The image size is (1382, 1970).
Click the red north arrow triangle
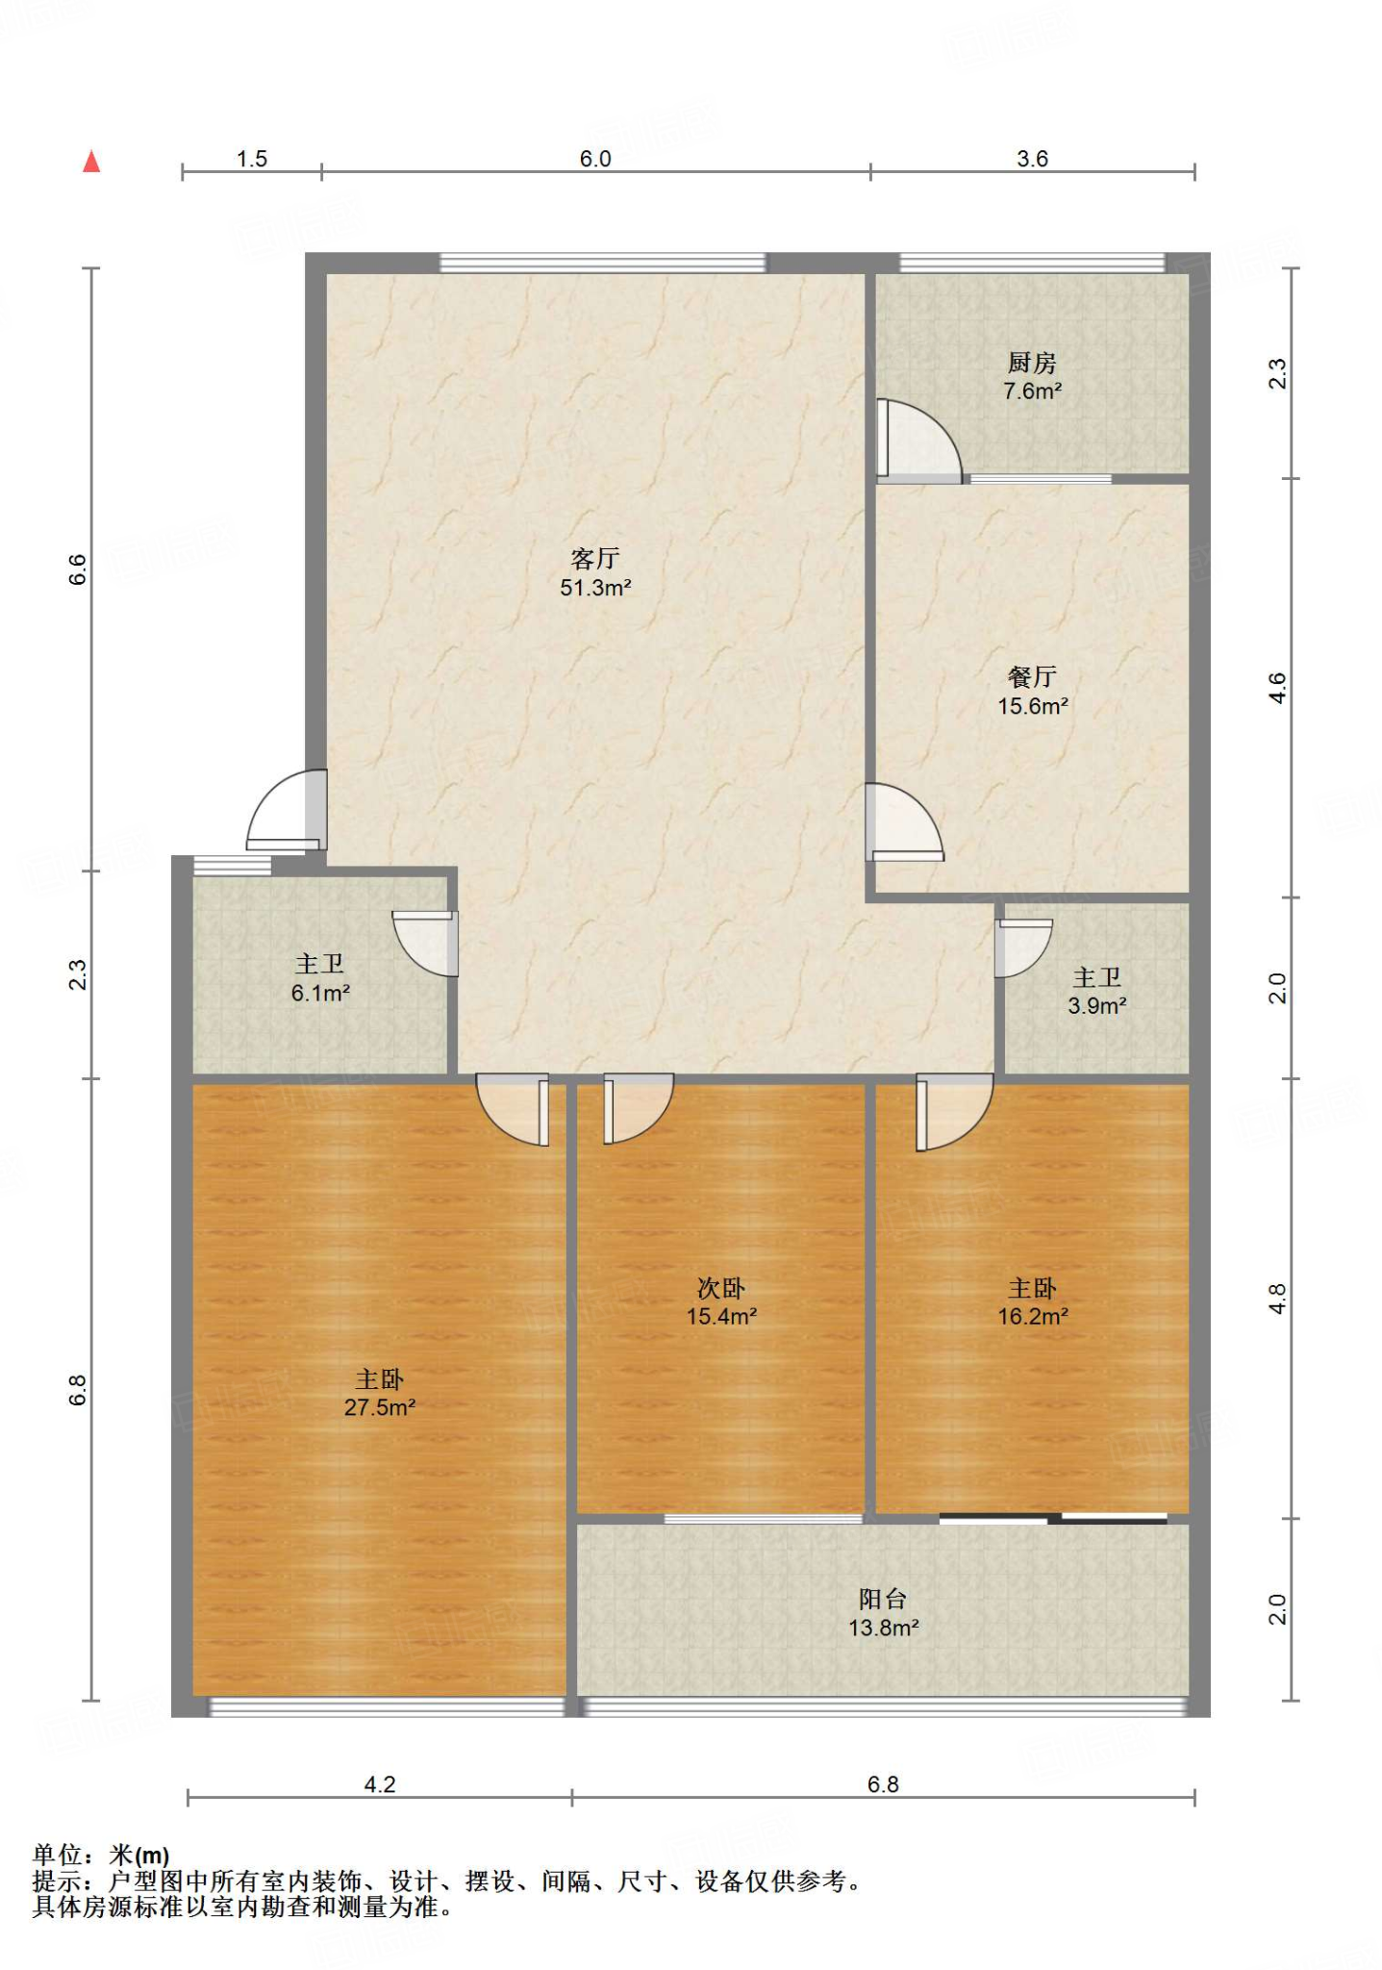point(91,161)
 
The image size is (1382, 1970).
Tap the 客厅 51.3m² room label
point(595,572)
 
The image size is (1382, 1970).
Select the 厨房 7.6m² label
point(1032,376)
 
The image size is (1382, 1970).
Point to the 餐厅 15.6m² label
point(1032,691)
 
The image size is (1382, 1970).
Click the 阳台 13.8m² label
point(883,1613)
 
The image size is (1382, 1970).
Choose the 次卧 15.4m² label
point(721,1301)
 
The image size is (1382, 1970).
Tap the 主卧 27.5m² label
point(380,1393)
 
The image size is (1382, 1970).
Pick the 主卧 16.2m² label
point(1032,1301)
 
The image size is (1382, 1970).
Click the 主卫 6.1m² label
point(320,977)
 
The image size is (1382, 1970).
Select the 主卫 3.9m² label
point(1096,991)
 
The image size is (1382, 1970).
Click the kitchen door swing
point(918,440)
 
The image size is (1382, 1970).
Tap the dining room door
point(904,822)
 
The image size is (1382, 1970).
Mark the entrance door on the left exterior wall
point(287,810)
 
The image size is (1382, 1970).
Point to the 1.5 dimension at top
point(252,159)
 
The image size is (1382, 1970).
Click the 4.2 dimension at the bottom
point(380,1784)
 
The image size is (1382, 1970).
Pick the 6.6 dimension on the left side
point(78,569)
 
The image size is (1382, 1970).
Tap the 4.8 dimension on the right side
point(1277,1299)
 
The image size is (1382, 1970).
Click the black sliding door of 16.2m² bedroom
point(1053,1519)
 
